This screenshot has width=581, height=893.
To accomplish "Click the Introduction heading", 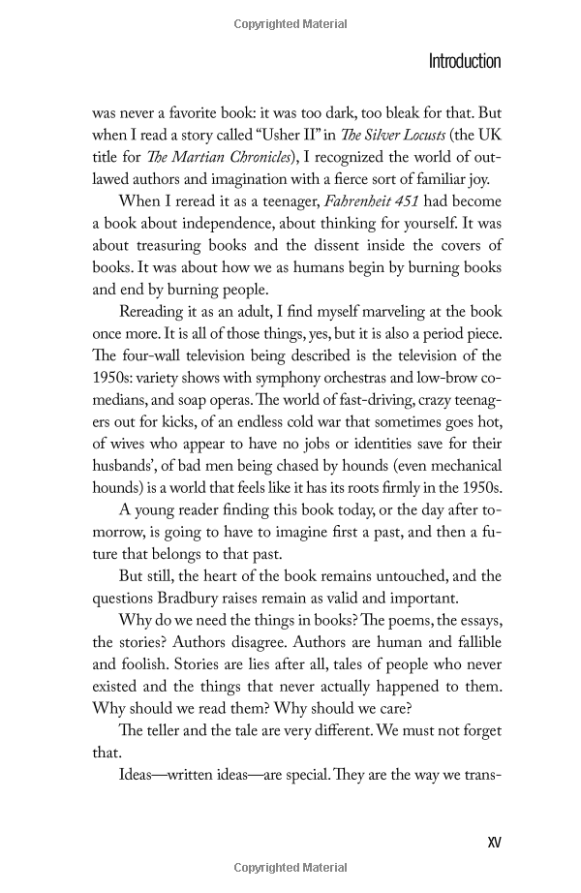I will click(x=464, y=62).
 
